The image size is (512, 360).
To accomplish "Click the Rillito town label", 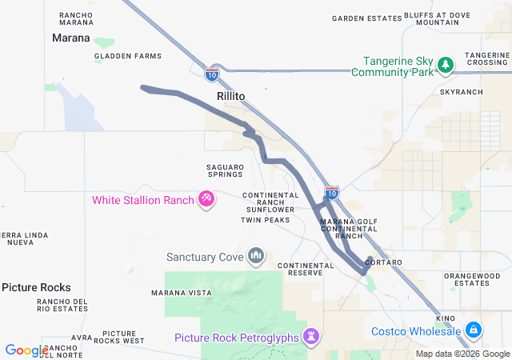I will click(x=230, y=95).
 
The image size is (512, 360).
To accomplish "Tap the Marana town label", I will click(x=70, y=38).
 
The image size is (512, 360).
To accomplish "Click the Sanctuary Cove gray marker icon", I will click(x=256, y=257).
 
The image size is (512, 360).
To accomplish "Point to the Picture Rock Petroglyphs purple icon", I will click(x=310, y=337).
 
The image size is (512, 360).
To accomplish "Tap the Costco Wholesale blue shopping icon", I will click(x=474, y=330).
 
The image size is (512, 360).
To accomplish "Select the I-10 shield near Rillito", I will click(x=211, y=74).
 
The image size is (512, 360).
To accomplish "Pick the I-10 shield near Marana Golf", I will click(x=332, y=192).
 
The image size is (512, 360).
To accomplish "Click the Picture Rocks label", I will click(x=36, y=287).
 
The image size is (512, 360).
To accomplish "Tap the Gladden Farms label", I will click(x=128, y=56).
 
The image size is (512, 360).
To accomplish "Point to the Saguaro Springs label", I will click(x=225, y=170).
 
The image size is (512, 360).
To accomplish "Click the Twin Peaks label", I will click(x=265, y=220).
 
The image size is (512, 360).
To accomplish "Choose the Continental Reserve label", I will click(x=306, y=270).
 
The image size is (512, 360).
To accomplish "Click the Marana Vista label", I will click(x=182, y=293).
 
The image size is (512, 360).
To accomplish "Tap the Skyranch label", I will click(x=462, y=92).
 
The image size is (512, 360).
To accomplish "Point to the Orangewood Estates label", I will click(x=472, y=279).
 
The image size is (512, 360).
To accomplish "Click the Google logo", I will click(x=26, y=350).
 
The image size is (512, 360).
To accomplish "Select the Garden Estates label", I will click(x=366, y=18).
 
